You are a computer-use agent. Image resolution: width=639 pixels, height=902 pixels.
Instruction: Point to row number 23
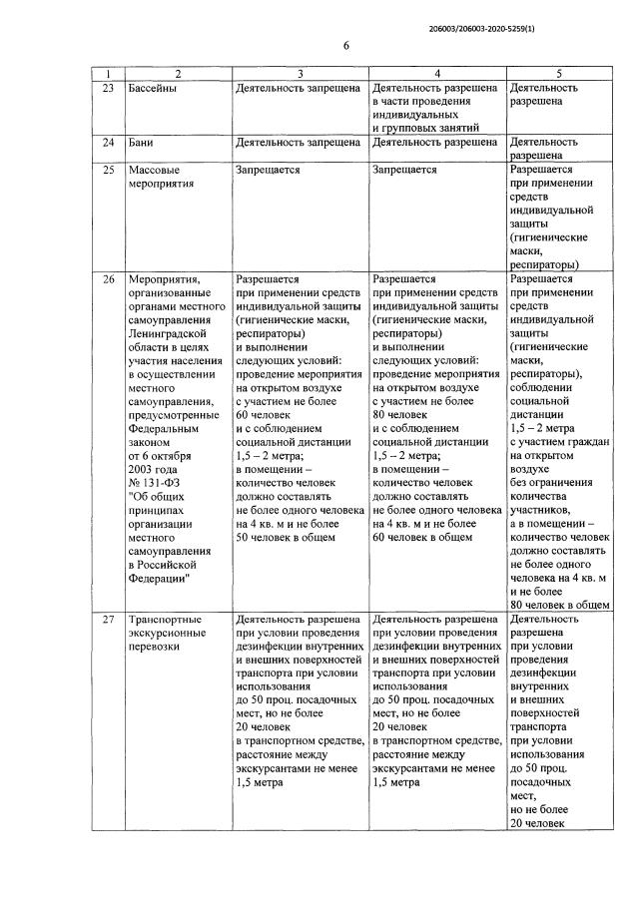109,88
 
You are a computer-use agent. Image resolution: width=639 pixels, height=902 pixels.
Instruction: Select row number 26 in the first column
109,279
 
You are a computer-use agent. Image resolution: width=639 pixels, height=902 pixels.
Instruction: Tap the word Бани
144,143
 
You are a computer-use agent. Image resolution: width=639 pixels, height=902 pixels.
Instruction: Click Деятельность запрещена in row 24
298,143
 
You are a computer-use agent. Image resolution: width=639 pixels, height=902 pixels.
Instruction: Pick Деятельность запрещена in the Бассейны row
298,88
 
